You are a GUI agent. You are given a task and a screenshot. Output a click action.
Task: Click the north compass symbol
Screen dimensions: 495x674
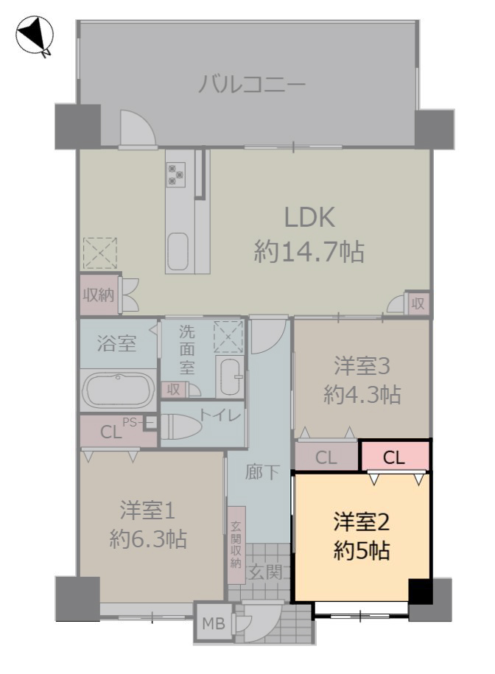click(x=35, y=35)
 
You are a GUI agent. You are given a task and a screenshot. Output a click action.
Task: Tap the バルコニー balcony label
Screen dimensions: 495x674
click(x=252, y=84)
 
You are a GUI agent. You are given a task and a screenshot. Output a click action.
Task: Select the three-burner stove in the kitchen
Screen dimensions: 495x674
click(x=176, y=174)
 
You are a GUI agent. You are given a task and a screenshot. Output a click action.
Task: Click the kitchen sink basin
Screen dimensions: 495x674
click(x=178, y=251)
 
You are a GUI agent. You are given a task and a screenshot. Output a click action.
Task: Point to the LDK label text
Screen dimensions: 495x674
click(x=309, y=217)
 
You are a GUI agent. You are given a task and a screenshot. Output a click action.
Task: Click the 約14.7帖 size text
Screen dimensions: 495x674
click(x=309, y=251)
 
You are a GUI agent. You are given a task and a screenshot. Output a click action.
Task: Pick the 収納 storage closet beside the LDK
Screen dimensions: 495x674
click(x=99, y=295)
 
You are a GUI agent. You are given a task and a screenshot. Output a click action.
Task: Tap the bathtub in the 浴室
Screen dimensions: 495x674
click(x=119, y=390)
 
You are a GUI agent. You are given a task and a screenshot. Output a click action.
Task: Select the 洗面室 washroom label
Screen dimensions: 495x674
click(x=187, y=349)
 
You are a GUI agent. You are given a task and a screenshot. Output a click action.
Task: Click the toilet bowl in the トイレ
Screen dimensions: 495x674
click(x=181, y=426)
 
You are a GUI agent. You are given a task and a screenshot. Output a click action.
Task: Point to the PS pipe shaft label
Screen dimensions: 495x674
click(x=130, y=422)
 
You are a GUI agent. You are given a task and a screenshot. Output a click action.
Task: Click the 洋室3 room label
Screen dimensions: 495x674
click(x=362, y=367)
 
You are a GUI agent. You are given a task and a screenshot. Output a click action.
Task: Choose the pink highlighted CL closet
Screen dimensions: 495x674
click(x=396, y=456)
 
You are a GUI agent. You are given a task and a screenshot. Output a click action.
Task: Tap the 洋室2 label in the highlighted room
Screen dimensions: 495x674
click(x=362, y=522)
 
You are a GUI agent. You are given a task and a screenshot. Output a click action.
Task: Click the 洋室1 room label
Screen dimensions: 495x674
click(x=148, y=510)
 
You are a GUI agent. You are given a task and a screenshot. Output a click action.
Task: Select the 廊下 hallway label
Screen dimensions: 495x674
click(x=262, y=472)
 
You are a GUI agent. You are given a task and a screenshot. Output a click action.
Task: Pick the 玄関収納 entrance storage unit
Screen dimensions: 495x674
click(x=236, y=545)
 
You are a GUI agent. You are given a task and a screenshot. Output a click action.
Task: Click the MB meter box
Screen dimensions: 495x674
click(x=214, y=623)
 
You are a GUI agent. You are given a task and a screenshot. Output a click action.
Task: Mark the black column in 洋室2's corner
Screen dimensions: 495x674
click(x=420, y=591)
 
